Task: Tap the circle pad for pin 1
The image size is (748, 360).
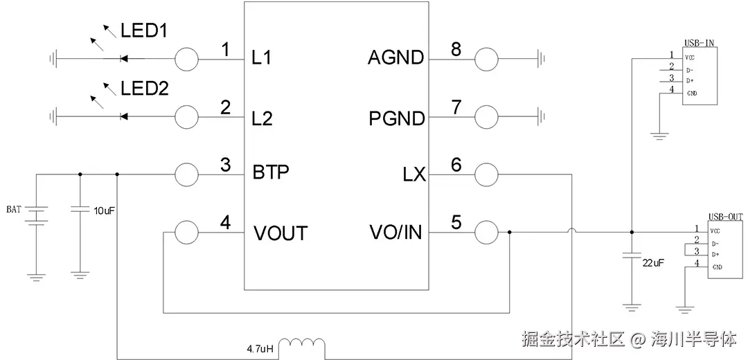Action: point(186,59)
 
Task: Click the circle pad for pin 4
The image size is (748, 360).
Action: point(186,233)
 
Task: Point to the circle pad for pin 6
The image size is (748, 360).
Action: point(486,174)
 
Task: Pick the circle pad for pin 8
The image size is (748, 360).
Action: point(486,59)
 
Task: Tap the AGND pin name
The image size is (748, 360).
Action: point(395,58)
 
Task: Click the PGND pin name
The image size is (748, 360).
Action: point(396,118)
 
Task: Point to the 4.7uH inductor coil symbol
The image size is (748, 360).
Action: point(305,344)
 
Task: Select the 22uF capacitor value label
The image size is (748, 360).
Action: point(653,264)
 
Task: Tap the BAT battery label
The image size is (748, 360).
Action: point(13,208)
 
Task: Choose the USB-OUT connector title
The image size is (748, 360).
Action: point(724,217)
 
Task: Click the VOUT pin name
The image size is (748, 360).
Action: point(280,233)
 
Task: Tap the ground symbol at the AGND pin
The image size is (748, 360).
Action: point(541,59)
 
